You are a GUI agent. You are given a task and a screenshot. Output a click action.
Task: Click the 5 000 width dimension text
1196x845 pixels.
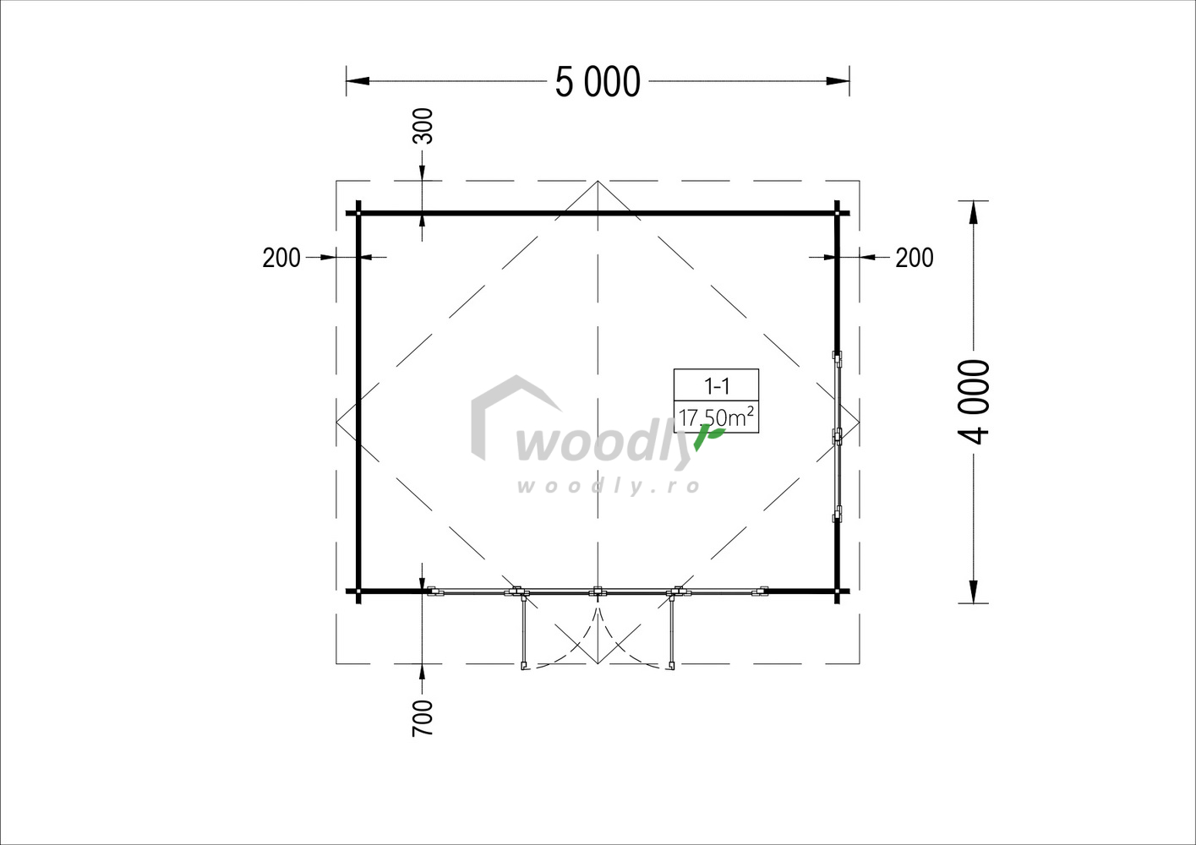coord(598,82)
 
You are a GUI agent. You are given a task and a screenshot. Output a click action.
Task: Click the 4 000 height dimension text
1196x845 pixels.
coord(974,402)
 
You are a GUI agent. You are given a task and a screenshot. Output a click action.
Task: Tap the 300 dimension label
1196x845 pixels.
coord(423,126)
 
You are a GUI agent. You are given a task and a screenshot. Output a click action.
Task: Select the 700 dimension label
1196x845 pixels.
coord(423,718)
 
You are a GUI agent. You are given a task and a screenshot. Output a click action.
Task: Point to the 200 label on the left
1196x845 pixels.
coord(281,258)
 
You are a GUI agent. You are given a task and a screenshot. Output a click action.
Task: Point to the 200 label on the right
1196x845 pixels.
coord(914,258)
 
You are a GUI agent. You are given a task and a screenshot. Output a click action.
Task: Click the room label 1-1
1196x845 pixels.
coord(717,385)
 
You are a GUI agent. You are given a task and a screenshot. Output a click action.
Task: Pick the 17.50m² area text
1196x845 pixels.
coord(716,417)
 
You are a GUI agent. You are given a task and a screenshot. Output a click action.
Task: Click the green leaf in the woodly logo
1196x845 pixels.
coord(709,436)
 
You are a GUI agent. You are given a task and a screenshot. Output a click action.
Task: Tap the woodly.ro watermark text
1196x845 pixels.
coord(609,486)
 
